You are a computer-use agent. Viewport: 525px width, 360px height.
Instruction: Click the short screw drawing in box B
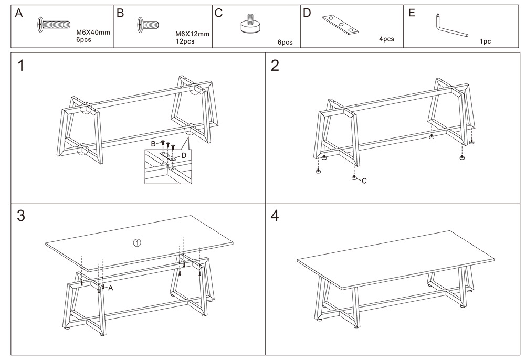[x=148, y=23]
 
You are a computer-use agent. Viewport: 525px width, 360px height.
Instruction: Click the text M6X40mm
[x=93, y=32]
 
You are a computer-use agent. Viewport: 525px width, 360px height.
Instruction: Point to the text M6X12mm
[x=193, y=34]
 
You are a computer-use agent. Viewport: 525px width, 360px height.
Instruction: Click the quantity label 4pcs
[x=386, y=39]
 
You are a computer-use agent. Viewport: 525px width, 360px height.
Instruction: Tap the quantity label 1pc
[x=485, y=42]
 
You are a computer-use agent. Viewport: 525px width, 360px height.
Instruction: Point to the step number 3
[x=21, y=216]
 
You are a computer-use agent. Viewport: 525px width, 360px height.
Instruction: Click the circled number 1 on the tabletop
[x=136, y=242]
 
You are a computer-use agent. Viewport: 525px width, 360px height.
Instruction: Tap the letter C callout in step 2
[x=364, y=181]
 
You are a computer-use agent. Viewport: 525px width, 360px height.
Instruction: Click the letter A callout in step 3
[x=111, y=288]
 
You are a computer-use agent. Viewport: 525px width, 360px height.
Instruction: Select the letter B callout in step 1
[x=154, y=143]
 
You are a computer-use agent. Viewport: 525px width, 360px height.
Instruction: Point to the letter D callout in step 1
[x=184, y=155]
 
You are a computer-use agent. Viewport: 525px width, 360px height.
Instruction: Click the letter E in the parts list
[x=412, y=13]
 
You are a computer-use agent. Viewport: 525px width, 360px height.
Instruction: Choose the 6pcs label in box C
[x=285, y=42]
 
